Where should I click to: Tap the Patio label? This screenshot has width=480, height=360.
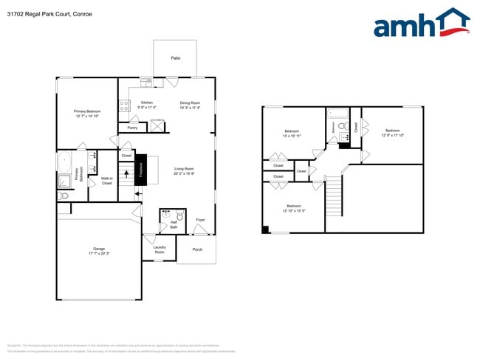(175, 58)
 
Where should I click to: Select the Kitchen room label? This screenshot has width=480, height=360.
(147, 103)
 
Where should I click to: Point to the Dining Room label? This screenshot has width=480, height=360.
(190, 103)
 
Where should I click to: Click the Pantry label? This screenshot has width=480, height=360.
(132, 128)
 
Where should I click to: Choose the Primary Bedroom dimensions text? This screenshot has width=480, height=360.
(86, 117)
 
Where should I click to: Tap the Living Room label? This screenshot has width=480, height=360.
(184, 169)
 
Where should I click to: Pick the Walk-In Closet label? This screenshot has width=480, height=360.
(106, 180)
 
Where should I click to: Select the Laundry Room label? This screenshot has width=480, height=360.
(159, 249)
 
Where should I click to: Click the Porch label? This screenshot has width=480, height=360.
(197, 249)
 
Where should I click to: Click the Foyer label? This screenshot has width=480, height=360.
(200, 220)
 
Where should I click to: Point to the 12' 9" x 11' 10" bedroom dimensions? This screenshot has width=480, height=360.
(391, 135)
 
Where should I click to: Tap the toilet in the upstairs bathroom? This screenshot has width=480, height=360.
(341, 126)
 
